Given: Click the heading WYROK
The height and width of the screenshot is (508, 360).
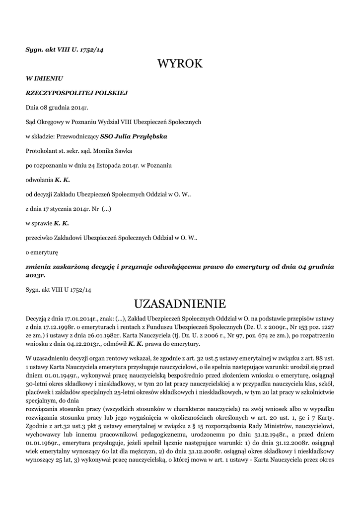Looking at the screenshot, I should click(x=180, y=63).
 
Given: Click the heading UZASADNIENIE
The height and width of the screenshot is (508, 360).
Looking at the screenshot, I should click(x=180, y=303).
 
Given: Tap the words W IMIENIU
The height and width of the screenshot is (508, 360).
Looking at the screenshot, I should click(x=44, y=78).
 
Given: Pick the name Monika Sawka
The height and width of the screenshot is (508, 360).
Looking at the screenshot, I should click(x=115, y=150).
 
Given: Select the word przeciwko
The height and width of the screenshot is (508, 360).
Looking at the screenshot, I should click(x=39, y=237).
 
